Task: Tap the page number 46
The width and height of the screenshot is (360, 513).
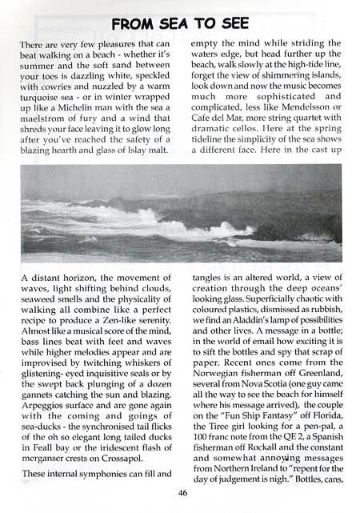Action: (183, 494)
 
